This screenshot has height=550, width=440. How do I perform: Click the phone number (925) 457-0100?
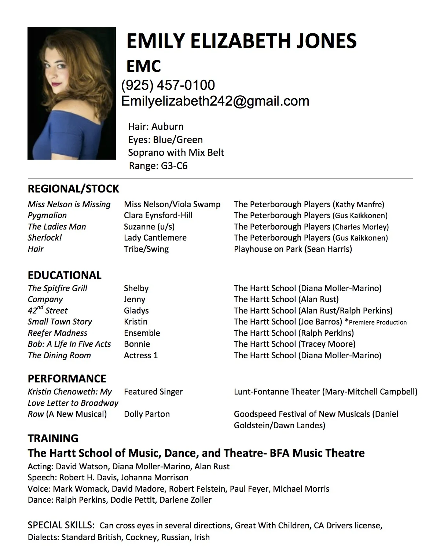coord(168,85)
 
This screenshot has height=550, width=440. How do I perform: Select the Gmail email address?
coord(215,101)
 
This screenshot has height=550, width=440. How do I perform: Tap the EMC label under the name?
coord(143,66)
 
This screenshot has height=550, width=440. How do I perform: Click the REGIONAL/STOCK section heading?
coord(73,189)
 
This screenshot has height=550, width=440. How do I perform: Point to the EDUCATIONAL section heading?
coord(65,275)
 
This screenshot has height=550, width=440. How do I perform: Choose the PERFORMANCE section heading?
coord(67,378)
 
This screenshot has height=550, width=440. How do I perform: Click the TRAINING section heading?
coord(53,438)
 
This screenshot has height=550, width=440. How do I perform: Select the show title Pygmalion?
coord(47,216)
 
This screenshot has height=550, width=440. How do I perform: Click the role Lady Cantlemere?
coord(155,238)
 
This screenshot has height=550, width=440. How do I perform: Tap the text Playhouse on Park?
coord(268,249)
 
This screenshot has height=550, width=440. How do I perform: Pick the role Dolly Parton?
coord(147,414)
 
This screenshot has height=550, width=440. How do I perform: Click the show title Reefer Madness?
coord(58,333)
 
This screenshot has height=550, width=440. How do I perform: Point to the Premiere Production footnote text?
coord(378,323)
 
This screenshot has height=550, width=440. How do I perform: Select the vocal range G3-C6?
coord(174,166)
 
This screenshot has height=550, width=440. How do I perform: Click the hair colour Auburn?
coord(167,126)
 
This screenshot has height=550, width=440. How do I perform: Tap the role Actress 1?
coord(141,355)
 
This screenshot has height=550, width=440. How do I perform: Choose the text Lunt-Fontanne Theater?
coord(276,392)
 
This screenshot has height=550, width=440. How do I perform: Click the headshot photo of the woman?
coord(71,93)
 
